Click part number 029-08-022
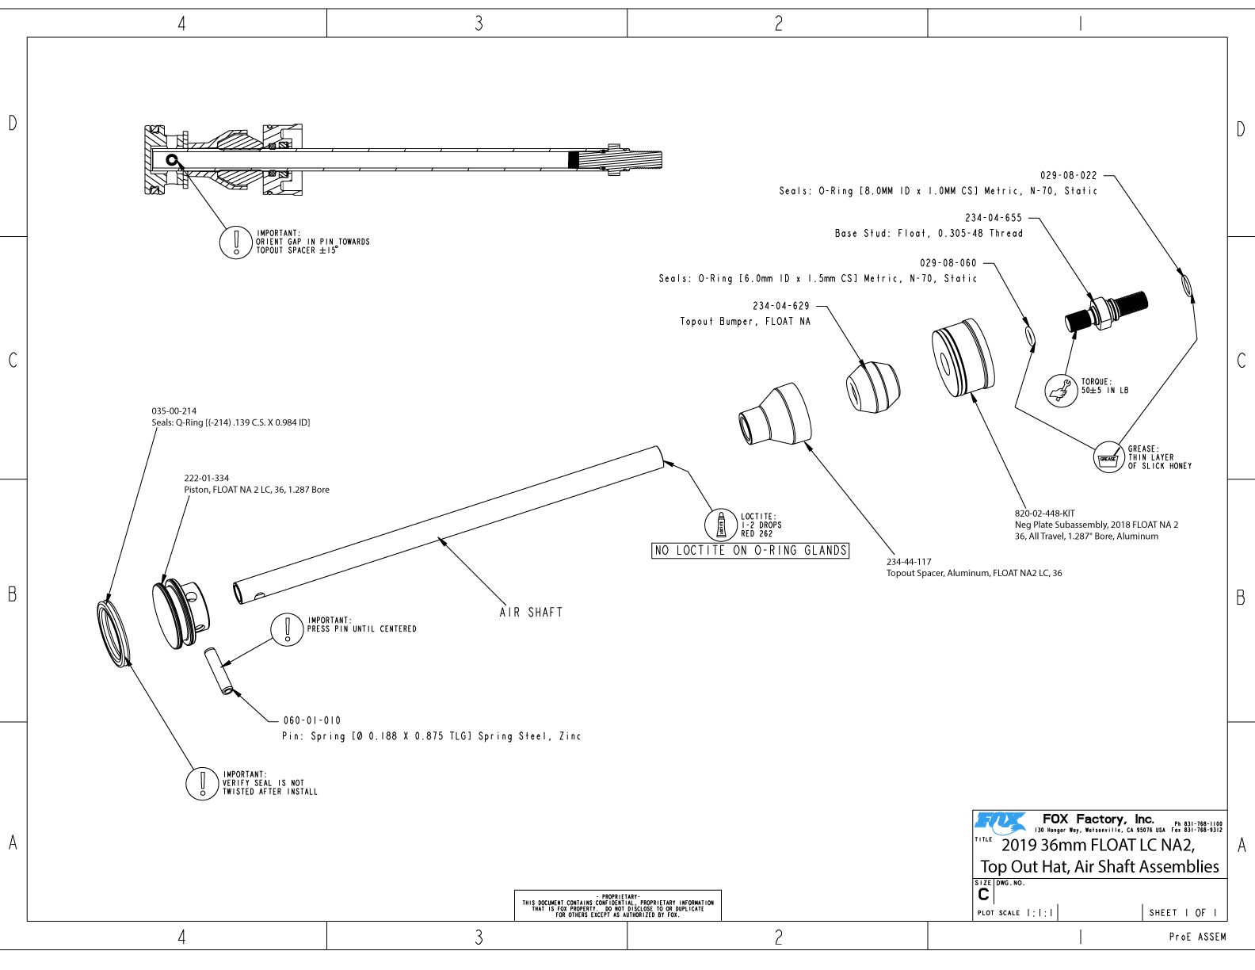click(x=1068, y=175)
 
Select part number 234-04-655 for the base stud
click(x=994, y=218)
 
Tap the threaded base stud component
click(x=1104, y=311)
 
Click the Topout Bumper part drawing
click(x=872, y=388)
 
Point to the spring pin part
click(x=221, y=670)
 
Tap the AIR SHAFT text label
click(x=531, y=613)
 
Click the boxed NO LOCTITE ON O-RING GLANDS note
click(x=750, y=551)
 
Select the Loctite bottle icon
click(x=721, y=525)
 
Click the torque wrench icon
click(x=1061, y=390)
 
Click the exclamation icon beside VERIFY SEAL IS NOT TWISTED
click(x=202, y=783)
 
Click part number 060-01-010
click(x=311, y=720)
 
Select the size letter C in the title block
click(x=983, y=895)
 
